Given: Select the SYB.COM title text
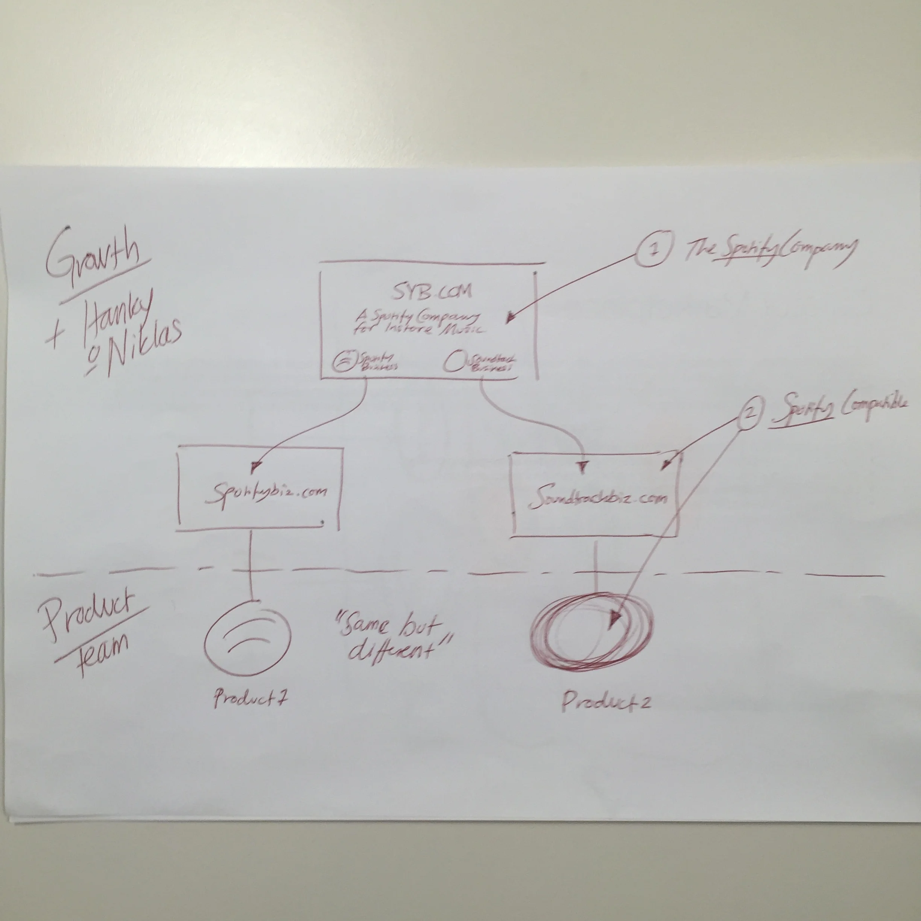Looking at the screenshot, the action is [432, 290].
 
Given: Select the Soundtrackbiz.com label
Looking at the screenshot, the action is [599, 500].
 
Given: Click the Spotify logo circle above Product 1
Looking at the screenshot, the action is [248, 641].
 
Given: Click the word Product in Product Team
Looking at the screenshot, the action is [88, 612].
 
